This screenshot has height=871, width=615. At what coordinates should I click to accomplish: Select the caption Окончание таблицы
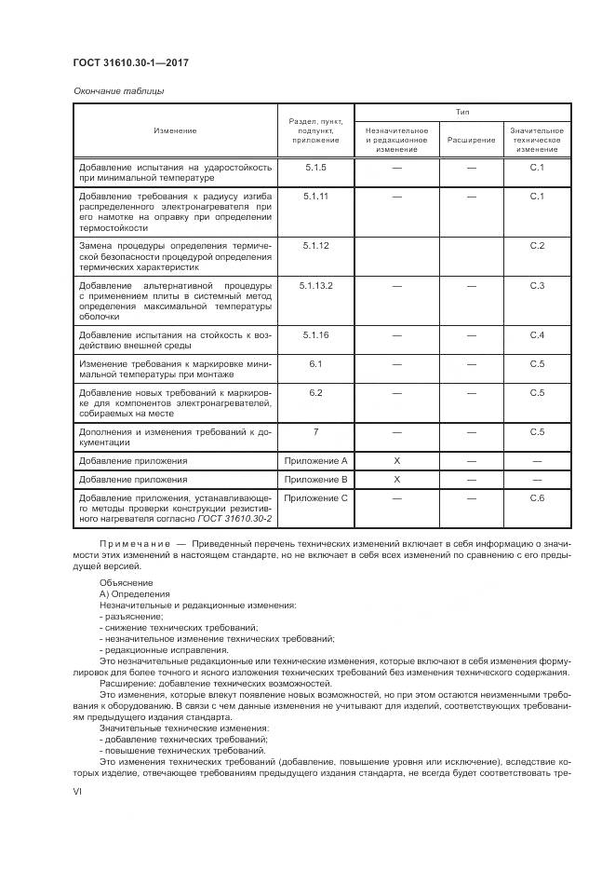click(118, 91)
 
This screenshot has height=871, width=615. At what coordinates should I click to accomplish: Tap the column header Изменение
click(175, 130)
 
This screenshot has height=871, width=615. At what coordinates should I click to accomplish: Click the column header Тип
click(461, 112)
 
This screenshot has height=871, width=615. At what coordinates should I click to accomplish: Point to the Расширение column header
click(471, 140)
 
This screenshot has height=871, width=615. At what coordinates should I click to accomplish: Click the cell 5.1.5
click(316, 168)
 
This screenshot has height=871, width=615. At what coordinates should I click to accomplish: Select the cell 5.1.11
click(316, 197)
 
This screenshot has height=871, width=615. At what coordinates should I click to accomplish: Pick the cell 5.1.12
click(316, 245)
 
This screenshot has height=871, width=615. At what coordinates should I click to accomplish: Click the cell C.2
click(537, 245)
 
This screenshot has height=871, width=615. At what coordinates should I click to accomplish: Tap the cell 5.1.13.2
click(316, 284)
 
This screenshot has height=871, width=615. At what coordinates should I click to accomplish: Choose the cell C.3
click(537, 284)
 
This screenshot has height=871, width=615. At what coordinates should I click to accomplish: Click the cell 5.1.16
click(316, 333)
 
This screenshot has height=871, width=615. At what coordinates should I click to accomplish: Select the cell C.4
click(537, 333)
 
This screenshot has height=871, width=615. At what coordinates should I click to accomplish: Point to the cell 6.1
click(316, 363)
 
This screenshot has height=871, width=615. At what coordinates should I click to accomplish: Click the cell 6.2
click(316, 392)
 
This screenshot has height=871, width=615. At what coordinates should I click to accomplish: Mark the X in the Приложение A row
click(396, 460)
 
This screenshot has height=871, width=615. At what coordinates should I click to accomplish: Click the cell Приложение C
click(316, 498)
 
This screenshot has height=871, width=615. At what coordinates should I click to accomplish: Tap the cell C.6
click(537, 498)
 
